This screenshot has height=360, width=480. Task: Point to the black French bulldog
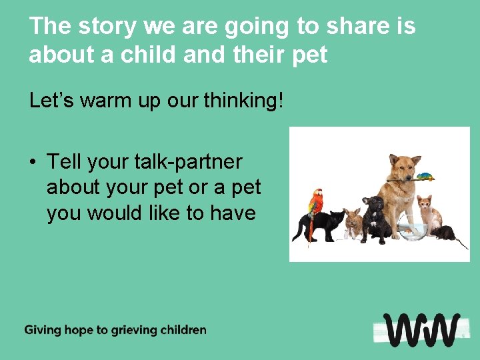[x=377, y=217]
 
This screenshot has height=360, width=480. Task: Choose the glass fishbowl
[x=409, y=231]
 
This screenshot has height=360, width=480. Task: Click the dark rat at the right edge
[x=445, y=233]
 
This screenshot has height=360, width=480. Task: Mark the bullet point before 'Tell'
[x=33, y=162]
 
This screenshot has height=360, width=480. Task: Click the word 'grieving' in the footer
[x=131, y=330]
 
